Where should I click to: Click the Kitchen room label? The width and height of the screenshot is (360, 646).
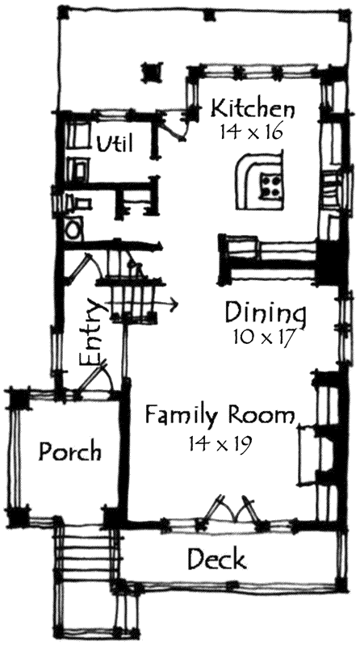point(253,108)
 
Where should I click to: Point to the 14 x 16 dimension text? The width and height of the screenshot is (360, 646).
point(252,131)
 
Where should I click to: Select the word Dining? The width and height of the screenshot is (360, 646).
point(266,313)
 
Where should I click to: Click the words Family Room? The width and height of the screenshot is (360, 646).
point(219,417)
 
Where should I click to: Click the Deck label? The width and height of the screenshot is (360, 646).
point(216,559)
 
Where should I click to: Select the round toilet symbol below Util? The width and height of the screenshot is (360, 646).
point(73,229)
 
